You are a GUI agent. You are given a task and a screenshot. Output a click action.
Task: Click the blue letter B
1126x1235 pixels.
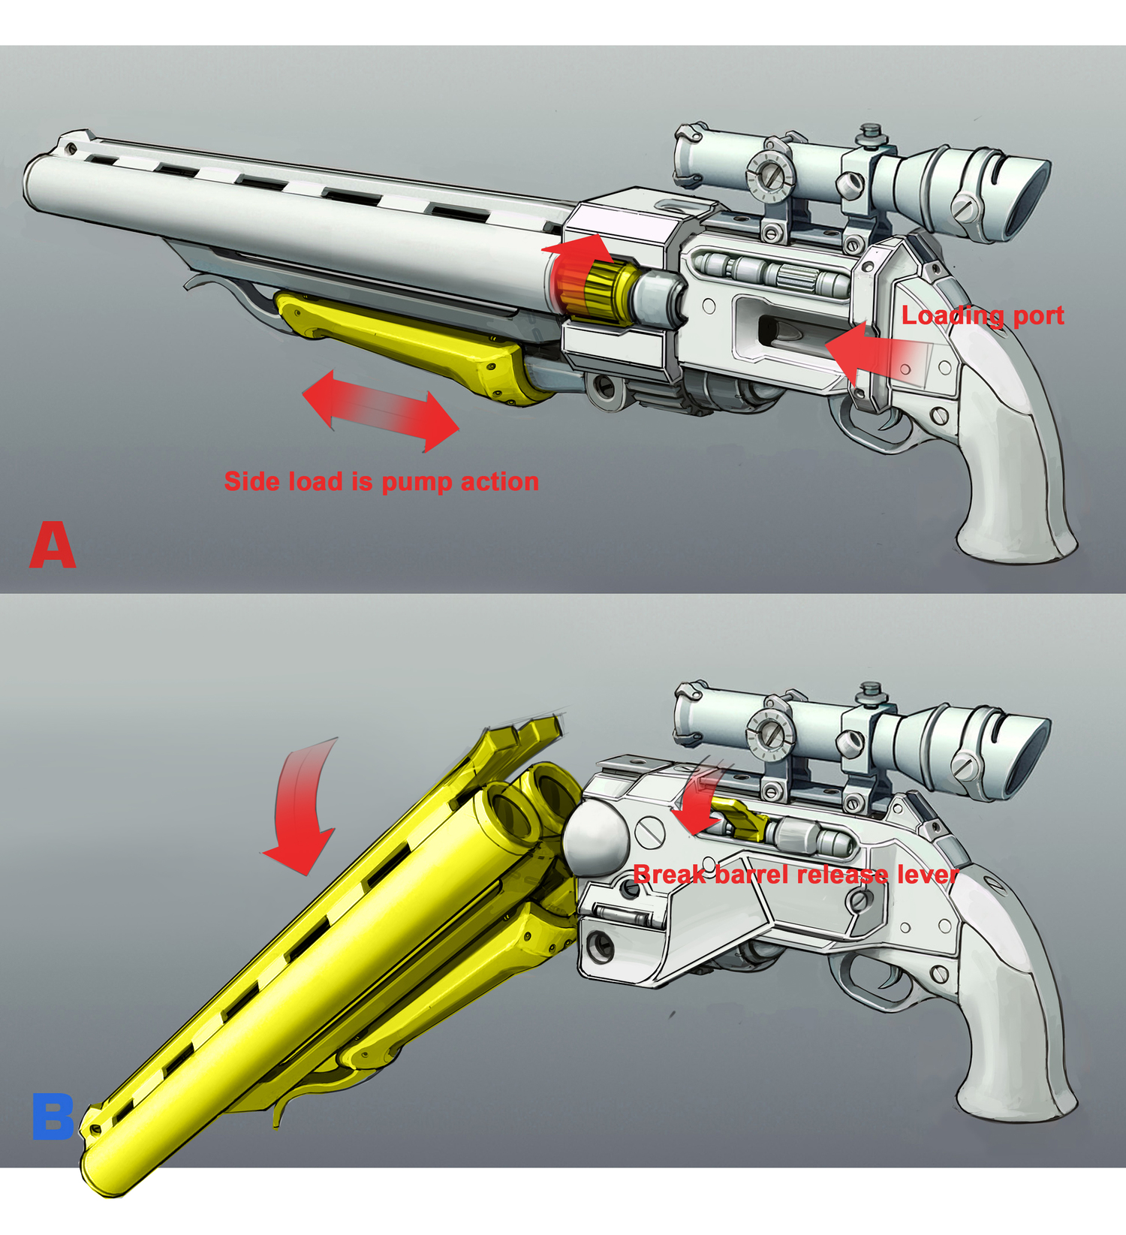point(53,1117)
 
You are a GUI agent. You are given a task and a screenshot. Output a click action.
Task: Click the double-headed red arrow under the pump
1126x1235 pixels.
point(381,410)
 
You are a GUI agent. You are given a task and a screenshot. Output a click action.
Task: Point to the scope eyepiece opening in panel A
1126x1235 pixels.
point(1029,197)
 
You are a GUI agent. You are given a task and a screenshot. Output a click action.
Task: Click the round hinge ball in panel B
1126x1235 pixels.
point(597,835)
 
